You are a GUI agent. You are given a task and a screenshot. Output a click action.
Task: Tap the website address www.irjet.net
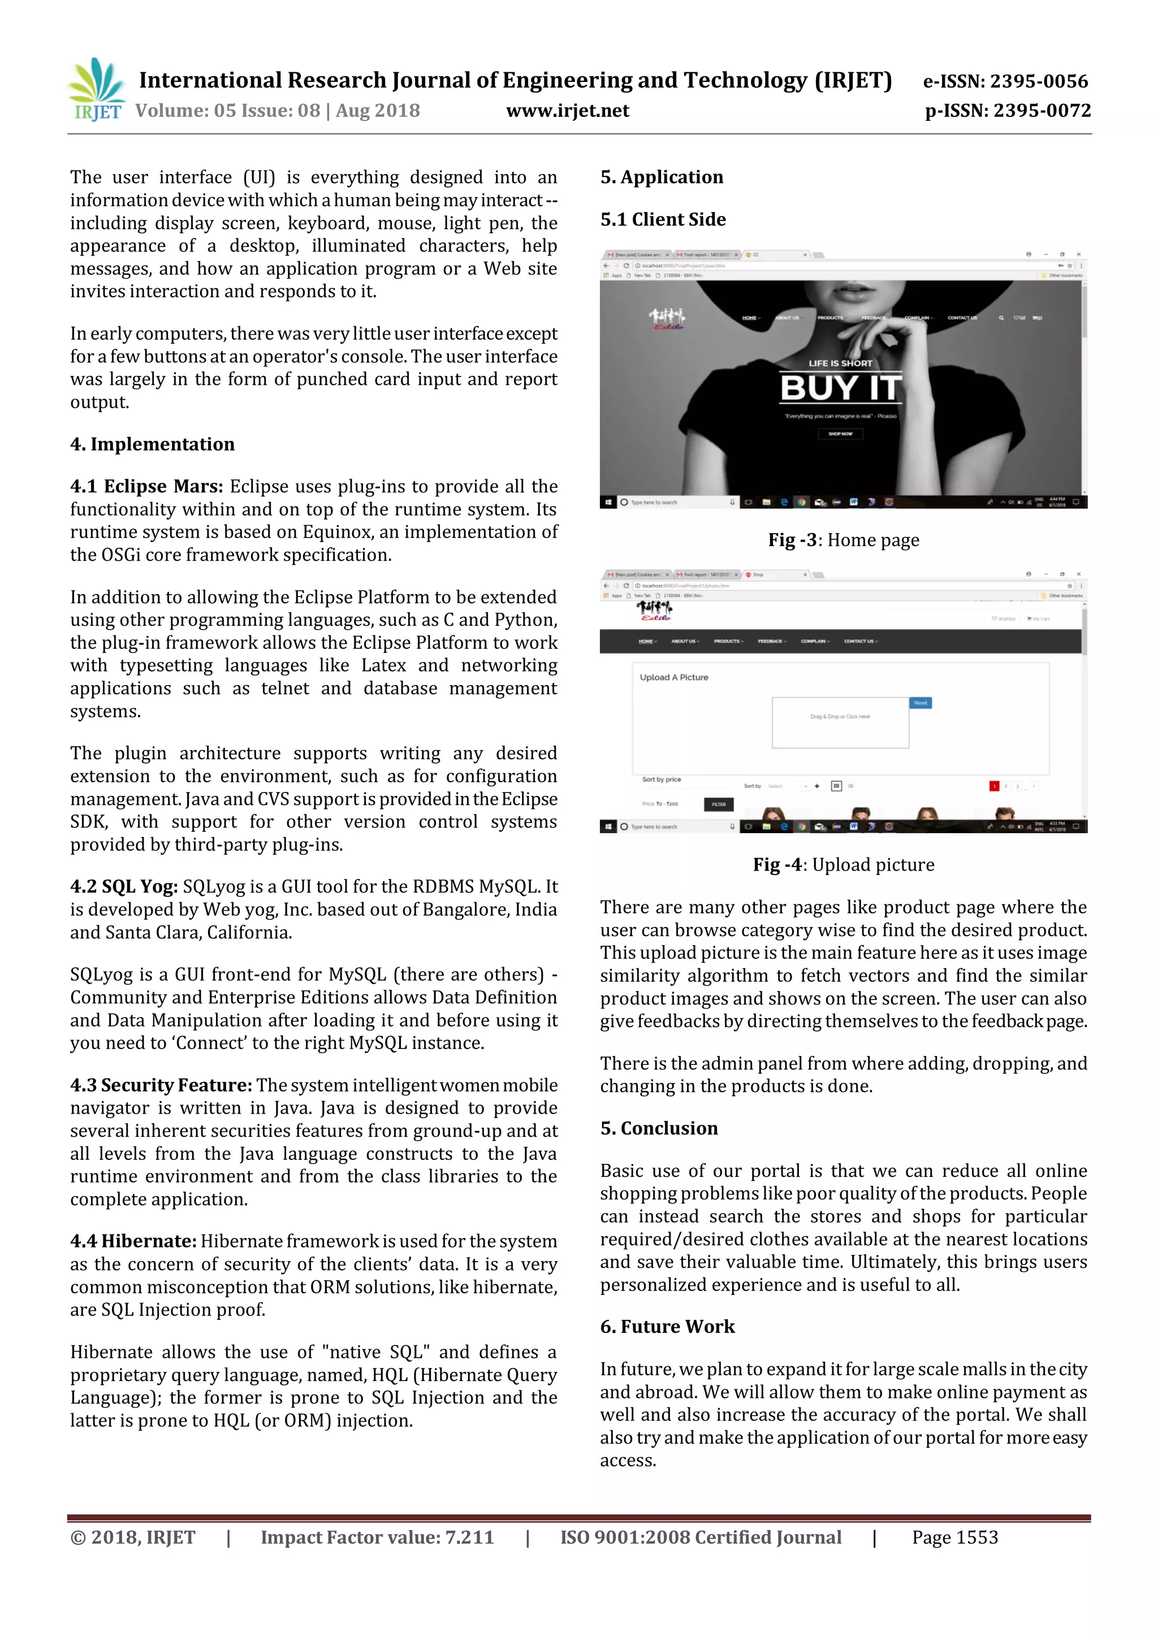pyautogui.click(x=568, y=111)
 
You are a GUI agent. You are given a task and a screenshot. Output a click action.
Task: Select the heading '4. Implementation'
pyautogui.click(x=152, y=444)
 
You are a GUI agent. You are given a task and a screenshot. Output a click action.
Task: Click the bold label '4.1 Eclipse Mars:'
pyautogui.click(x=146, y=486)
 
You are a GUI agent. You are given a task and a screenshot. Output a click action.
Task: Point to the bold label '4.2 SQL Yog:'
pyautogui.click(x=124, y=886)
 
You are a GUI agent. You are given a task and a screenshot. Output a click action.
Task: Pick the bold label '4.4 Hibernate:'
pyautogui.click(x=133, y=1241)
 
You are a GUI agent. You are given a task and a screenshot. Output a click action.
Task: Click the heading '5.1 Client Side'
pyautogui.click(x=663, y=219)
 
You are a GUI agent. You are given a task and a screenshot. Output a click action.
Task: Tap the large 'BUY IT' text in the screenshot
pyautogui.click(x=841, y=388)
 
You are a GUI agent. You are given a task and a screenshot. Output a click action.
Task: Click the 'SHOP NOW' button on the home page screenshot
pyautogui.click(x=840, y=434)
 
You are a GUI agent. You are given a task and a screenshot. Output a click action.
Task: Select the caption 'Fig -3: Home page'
pyautogui.click(x=843, y=540)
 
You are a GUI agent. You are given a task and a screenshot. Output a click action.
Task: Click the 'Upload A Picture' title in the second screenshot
pyautogui.click(x=674, y=677)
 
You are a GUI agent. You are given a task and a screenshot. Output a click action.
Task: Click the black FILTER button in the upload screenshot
pyautogui.click(x=718, y=804)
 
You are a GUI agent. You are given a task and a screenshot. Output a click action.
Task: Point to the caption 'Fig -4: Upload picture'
pyautogui.click(x=843, y=865)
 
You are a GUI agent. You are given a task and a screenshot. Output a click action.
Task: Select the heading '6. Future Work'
pyautogui.click(x=667, y=1327)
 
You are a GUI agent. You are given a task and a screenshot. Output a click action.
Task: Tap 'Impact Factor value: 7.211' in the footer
pyautogui.click(x=377, y=1537)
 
